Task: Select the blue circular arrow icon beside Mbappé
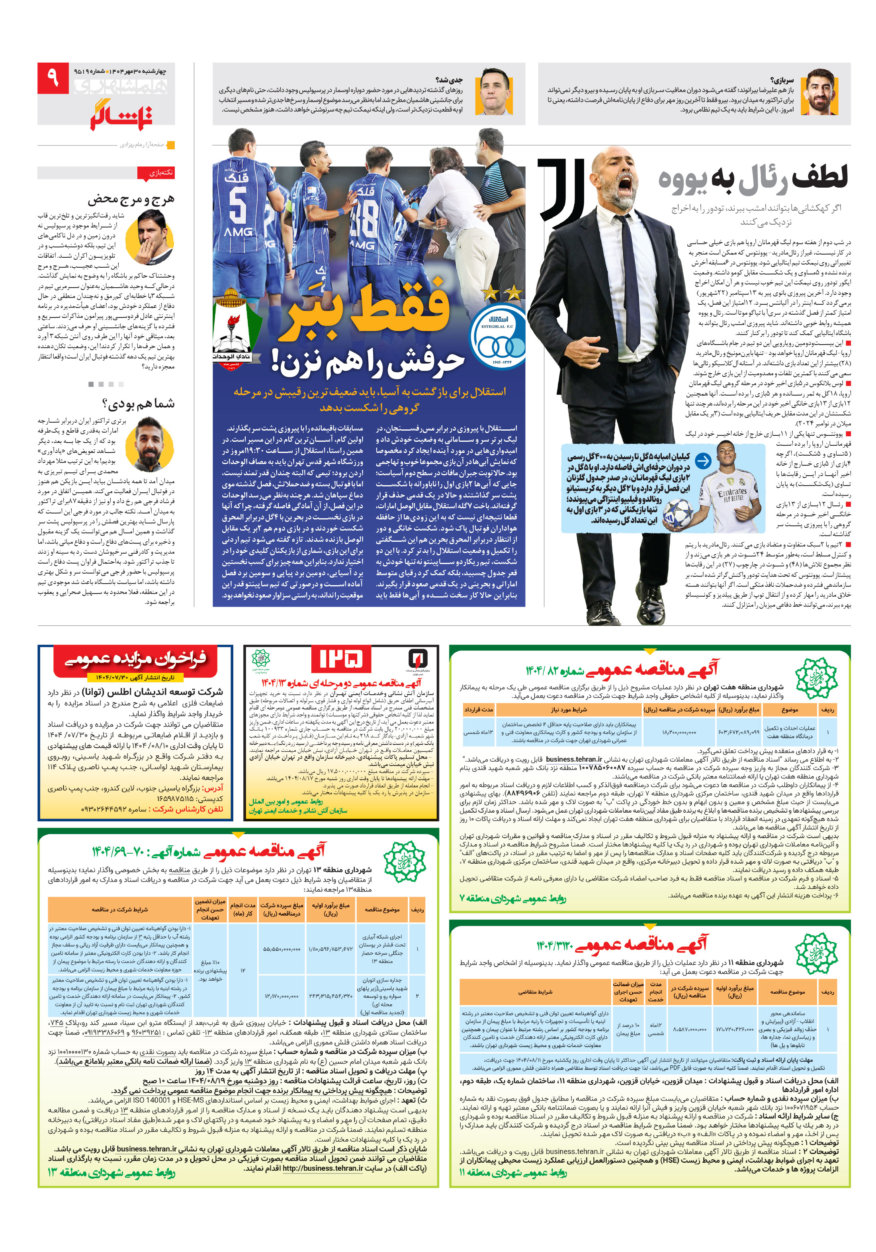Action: (703, 461)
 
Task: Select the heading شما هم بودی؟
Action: (139, 404)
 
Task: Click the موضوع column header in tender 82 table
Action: (789, 709)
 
